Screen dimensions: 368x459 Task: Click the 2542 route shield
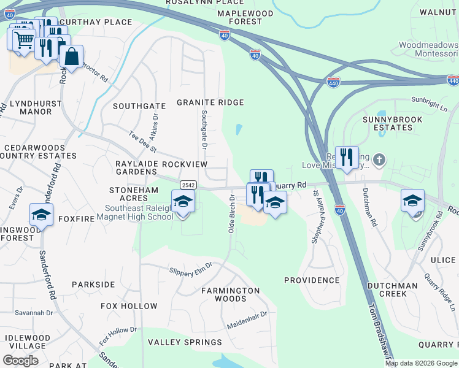pos(188,185)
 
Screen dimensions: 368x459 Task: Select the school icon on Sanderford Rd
pos(41,215)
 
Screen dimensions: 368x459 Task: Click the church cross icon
pos(379,160)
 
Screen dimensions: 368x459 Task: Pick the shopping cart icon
pos(23,40)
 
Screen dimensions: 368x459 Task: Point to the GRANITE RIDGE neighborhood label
pos(210,102)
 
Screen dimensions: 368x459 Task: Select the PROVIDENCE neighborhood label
pos(312,280)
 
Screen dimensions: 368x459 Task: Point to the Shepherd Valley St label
pos(315,217)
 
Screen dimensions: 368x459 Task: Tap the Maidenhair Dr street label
pos(247,318)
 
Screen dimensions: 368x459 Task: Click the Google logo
pos(20,360)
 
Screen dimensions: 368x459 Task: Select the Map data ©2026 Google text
pos(420,363)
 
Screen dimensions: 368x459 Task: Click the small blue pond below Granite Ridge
pos(238,129)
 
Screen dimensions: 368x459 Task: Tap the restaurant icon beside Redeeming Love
pos(347,158)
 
